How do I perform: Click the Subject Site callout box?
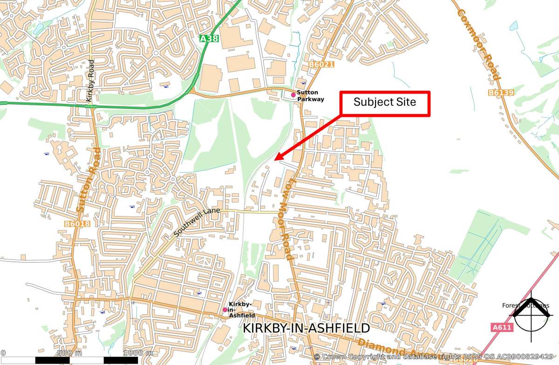point(385,103)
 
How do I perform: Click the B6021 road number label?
point(321,64)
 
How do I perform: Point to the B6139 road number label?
point(501,93)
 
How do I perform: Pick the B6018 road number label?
point(77,224)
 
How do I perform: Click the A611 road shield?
point(502,328)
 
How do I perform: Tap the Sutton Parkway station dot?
point(293,95)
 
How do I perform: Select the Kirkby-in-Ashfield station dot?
point(225,310)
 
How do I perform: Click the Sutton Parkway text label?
point(310,96)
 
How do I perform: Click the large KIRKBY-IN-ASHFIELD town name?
point(307,329)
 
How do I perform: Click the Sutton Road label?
point(89,180)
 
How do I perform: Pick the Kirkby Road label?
point(90,81)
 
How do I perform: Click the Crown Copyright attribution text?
point(436,357)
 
